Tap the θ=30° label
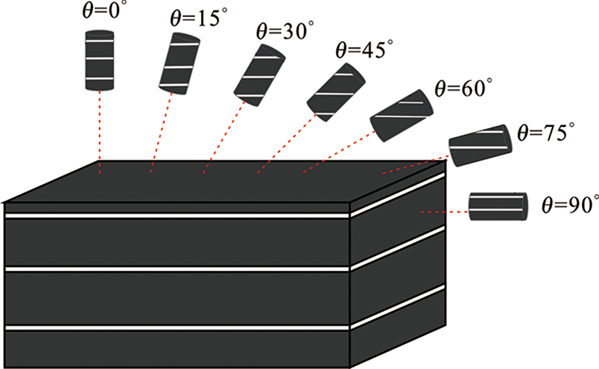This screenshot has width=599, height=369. [x=285, y=30]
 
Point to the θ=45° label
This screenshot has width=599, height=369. [x=364, y=49]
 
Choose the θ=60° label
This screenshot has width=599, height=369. [x=463, y=88]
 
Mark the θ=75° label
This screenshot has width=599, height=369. [x=546, y=133]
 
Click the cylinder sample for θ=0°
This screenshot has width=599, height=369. [x=100, y=60]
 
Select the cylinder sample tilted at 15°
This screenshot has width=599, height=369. [x=179, y=64]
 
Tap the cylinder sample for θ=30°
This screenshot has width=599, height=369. [x=260, y=75]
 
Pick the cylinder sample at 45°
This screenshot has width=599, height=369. [x=336, y=93]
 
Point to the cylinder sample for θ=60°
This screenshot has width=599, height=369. [x=401, y=116]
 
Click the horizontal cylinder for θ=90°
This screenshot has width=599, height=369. [x=498, y=206]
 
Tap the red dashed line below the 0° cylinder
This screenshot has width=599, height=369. [x=100, y=133]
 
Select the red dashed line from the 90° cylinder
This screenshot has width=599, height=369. [x=444, y=212]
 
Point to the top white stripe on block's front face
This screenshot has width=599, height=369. [x=177, y=216]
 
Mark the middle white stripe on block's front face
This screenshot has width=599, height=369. [x=177, y=269]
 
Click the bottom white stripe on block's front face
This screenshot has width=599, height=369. [x=177, y=328]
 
